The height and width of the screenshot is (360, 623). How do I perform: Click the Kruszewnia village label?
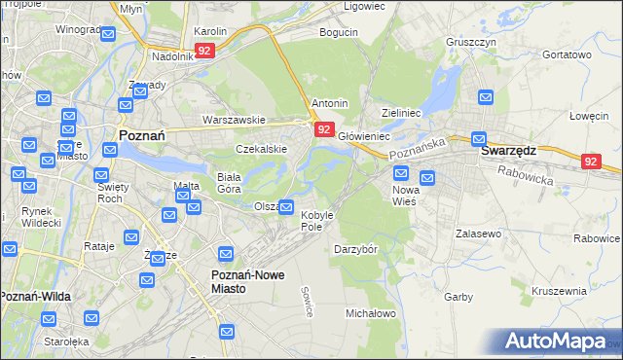click(x=559, y=290)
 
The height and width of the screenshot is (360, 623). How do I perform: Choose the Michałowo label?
click(x=371, y=313)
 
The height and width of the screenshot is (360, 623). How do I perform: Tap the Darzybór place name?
click(x=355, y=248)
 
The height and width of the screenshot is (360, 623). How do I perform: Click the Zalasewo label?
click(x=477, y=234)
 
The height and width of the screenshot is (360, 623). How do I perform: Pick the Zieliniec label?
click(x=401, y=113)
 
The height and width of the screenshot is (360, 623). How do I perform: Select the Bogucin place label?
click(x=339, y=32)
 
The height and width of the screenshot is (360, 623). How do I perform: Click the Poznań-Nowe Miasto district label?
click(x=248, y=281)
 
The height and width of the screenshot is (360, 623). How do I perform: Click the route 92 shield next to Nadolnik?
click(x=204, y=50)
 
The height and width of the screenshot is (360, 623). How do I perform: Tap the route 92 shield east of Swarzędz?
click(x=591, y=162)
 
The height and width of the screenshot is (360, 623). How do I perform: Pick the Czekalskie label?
click(x=261, y=149)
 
